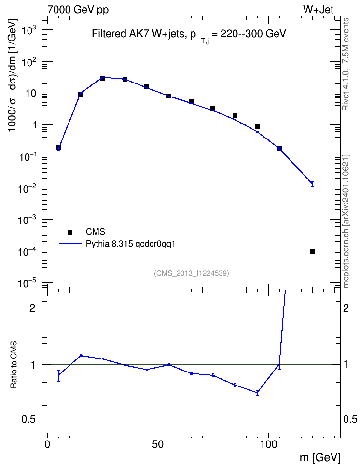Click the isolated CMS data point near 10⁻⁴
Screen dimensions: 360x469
tap(312, 251)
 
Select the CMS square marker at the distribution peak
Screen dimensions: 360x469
tap(103, 78)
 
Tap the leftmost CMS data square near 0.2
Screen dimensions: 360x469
tap(58, 147)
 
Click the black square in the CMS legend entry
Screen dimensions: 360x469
tap(70, 232)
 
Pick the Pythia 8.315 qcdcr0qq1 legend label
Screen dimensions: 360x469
tap(130, 244)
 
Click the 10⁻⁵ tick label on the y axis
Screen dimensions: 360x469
tap(27, 282)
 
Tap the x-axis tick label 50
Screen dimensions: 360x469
tap(158, 445)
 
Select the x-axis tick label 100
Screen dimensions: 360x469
tap(268, 445)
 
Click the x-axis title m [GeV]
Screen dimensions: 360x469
tap(320, 458)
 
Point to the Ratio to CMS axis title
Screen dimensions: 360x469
tap(14, 364)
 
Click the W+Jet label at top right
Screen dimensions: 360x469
tap(318, 10)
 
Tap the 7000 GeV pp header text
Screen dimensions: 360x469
tap(78, 10)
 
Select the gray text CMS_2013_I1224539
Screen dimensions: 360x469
tap(192, 273)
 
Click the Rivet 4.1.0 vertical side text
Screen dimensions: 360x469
tap(346, 64)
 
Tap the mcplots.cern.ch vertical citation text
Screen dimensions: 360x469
tap(346, 221)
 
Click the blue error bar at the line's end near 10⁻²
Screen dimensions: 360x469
tap(312, 184)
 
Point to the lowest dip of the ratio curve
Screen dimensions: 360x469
tap(257, 393)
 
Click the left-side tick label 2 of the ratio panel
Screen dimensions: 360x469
tap(32, 308)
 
